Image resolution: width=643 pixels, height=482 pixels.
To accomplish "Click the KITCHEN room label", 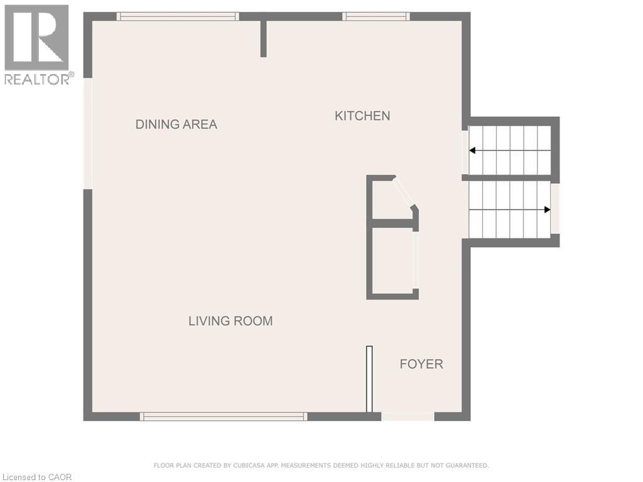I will (x=362, y=116).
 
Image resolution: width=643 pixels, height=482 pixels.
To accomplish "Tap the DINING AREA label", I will (x=176, y=124).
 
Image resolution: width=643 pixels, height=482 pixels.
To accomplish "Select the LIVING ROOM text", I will (x=230, y=321).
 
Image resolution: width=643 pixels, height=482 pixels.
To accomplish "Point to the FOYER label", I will (x=421, y=364).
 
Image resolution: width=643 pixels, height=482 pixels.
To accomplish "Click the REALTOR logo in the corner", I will (x=37, y=44).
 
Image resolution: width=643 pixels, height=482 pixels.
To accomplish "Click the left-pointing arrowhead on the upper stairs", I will (x=472, y=151).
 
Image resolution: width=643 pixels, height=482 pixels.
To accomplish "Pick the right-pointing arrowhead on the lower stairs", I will (x=547, y=210).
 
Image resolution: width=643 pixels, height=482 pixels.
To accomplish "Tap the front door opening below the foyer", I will (x=408, y=416).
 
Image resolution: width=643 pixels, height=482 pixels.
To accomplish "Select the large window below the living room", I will (x=223, y=416).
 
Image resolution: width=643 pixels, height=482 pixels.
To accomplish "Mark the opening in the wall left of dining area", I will (x=88, y=133).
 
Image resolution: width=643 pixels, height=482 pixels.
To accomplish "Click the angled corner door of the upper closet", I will (x=403, y=192).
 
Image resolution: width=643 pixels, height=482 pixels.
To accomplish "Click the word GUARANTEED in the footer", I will (x=465, y=466).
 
